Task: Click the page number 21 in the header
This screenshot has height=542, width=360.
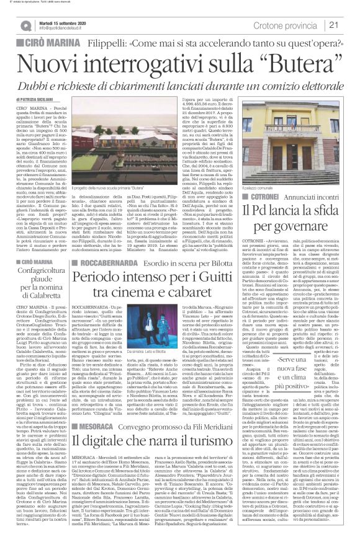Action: (349, 25)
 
